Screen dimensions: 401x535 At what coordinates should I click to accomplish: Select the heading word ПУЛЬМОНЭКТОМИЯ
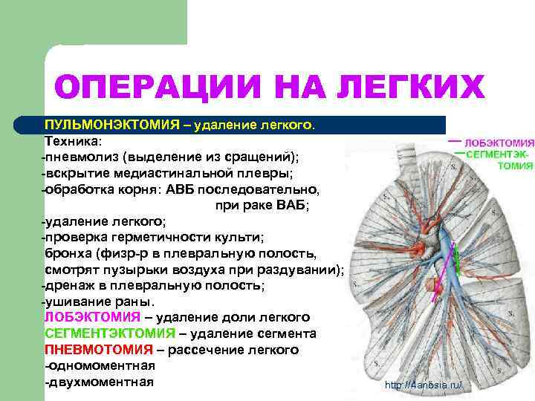coord(111,125)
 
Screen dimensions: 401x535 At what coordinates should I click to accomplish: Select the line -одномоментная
coord(100,365)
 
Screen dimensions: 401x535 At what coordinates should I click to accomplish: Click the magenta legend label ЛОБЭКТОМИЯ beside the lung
coord(499,143)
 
